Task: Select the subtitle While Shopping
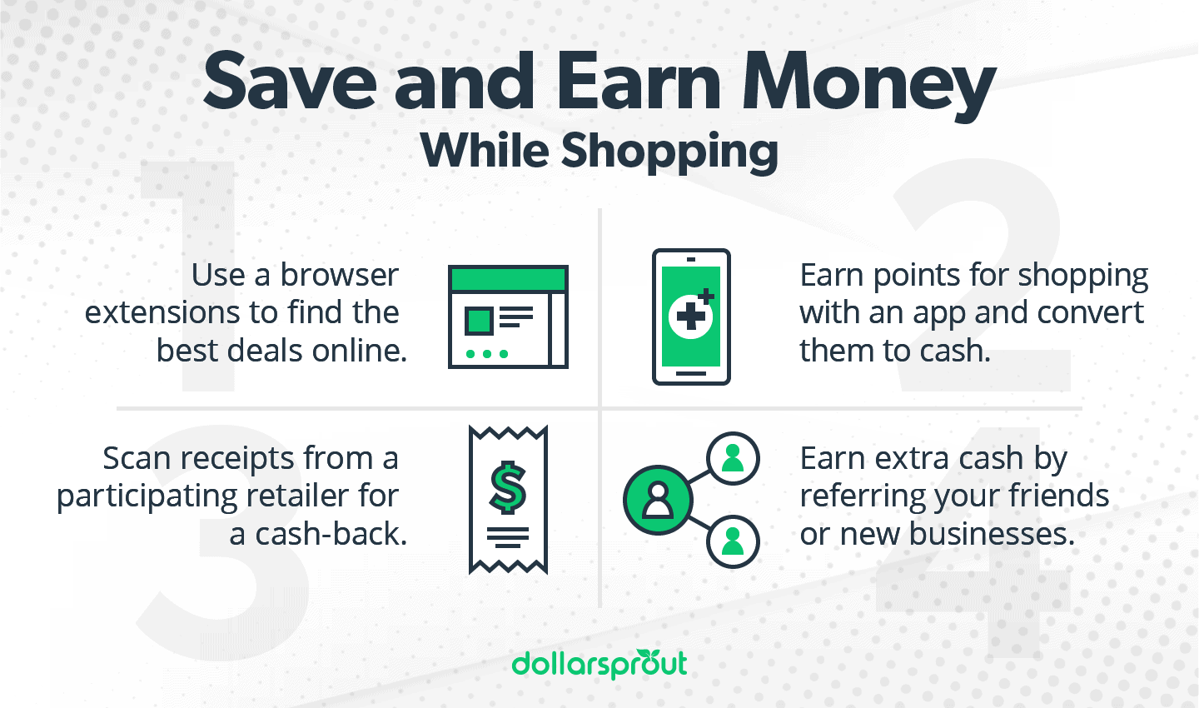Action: (x=599, y=152)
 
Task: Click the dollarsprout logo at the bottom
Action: (x=599, y=664)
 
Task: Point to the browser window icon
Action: (x=508, y=317)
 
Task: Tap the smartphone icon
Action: (x=691, y=317)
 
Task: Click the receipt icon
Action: (x=508, y=500)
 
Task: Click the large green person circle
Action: (x=658, y=500)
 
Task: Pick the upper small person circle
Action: (x=733, y=459)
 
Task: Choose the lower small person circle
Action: (x=733, y=541)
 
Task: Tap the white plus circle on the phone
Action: (x=689, y=317)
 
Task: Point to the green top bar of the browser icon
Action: (x=508, y=278)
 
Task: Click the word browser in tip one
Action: (x=339, y=275)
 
